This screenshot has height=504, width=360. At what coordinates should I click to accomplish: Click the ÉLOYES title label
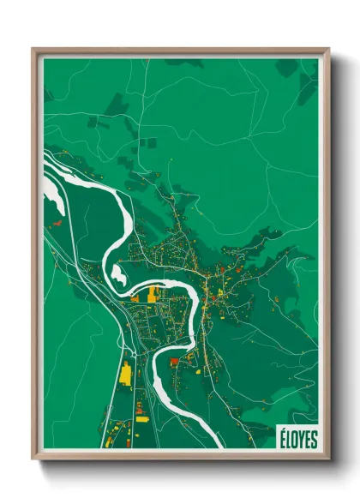[297, 440]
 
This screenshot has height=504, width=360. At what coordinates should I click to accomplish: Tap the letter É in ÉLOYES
[280, 440]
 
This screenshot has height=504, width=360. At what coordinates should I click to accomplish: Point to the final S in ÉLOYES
[313, 440]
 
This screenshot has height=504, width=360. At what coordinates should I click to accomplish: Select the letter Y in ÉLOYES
[300, 440]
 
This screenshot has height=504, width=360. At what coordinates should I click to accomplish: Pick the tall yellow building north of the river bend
[154, 294]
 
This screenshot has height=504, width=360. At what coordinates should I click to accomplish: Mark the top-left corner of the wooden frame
[33, 49]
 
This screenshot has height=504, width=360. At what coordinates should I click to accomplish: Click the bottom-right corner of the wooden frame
[328, 460]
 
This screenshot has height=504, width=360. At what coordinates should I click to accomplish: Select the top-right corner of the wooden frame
[328, 49]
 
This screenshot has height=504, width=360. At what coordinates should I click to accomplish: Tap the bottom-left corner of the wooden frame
[33, 460]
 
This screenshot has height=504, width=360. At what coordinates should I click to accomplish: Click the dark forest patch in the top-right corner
[307, 81]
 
